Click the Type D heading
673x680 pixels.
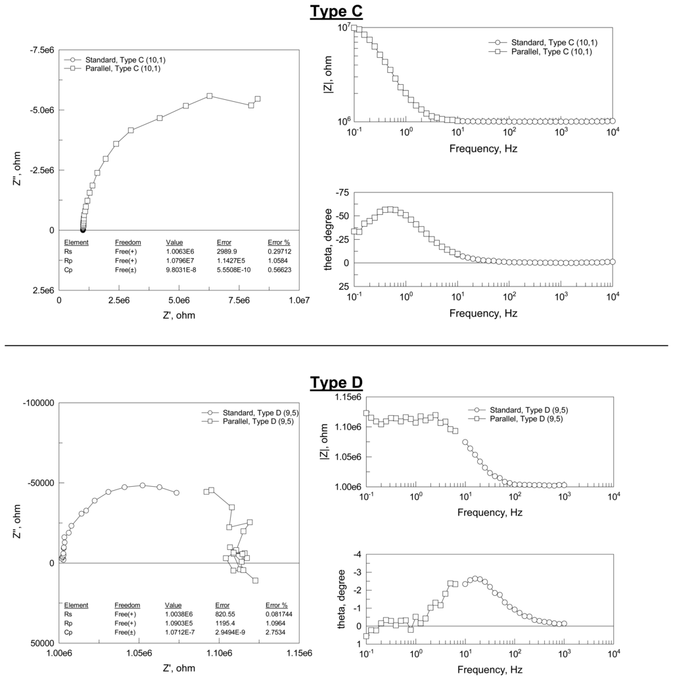336,382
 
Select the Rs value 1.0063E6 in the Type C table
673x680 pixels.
179,251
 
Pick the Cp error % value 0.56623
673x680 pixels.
279,269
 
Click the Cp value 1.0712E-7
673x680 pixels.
179,632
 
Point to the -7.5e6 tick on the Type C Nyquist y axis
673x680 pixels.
41,49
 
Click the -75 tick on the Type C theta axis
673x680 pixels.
342,193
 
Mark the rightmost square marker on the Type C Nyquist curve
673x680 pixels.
257,99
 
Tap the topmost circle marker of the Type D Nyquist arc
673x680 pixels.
142,485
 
